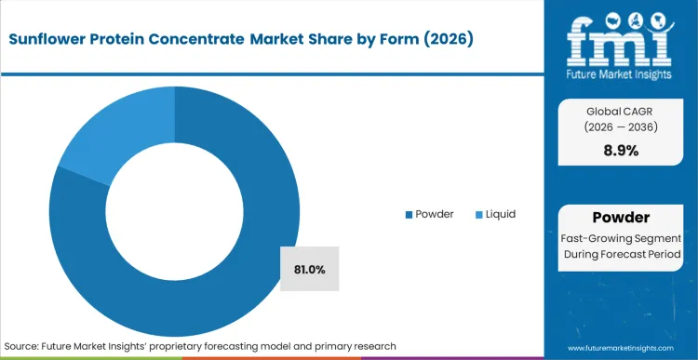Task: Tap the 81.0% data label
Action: click(310, 270)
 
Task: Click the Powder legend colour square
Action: click(409, 215)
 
